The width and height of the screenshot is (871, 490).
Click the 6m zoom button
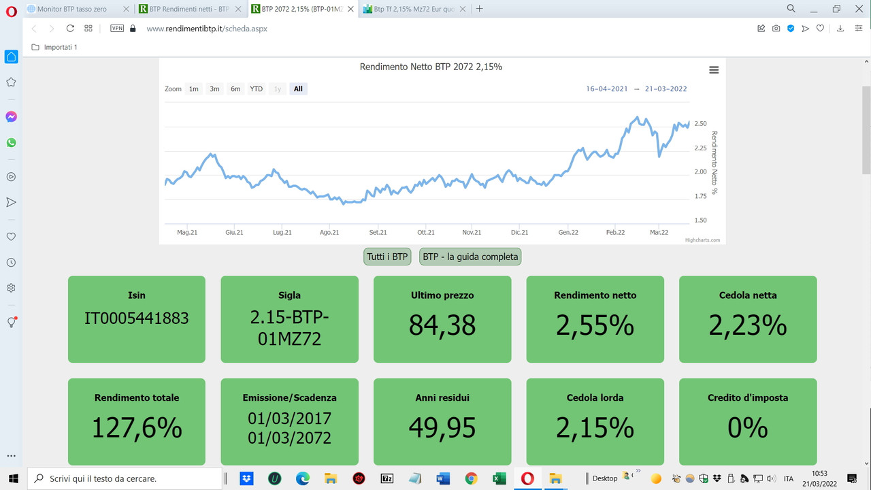(x=235, y=89)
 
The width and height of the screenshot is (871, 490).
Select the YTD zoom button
(x=256, y=89)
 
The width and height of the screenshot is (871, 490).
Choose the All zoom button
(x=298, y=89)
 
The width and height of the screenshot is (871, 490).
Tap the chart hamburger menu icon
(x=713, y=70)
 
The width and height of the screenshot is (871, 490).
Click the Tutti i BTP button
(x=387, y=257)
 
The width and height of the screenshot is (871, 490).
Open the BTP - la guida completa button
(x=470, y=257)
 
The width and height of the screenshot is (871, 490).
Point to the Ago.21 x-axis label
(x=329, y=233)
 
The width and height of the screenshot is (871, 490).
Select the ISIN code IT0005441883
(x=136, y=318)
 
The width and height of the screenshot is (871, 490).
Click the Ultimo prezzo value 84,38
(x=442, y=325)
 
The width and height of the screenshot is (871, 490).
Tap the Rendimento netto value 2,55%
(x=595, y=325)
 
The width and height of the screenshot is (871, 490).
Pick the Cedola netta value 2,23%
(x=748, y=325)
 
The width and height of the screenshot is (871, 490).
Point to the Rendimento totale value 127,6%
(x=136, y=428)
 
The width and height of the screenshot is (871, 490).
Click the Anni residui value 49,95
(x=442, y=428)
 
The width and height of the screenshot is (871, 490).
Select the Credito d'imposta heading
(x=748, y=397)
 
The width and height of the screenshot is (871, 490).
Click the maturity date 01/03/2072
(x=289, y=438)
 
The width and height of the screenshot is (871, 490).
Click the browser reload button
(x=70, y=29)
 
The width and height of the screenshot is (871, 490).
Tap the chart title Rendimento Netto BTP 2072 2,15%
(x=431, y=67)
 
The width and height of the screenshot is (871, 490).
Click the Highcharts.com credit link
(x=702, y=240)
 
